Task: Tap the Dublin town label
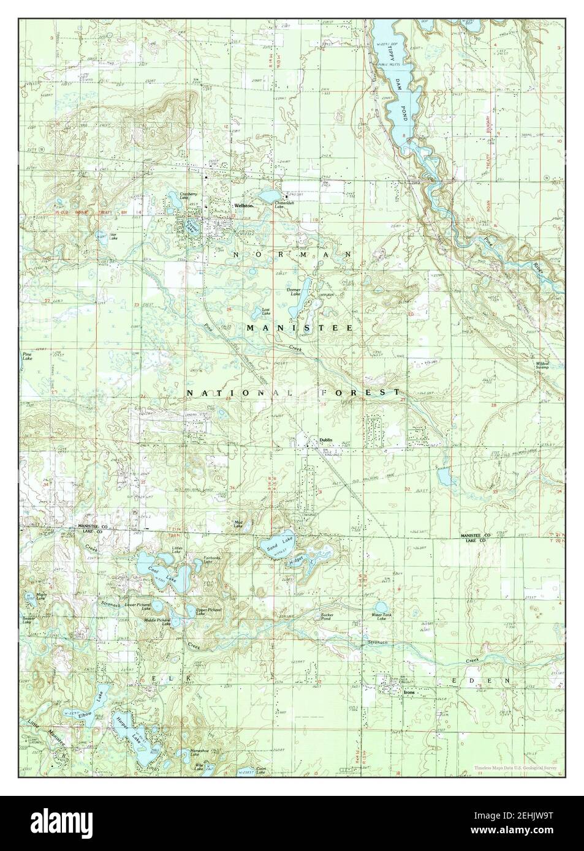click(x=325, y=440)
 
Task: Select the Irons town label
click(x=409, y=692)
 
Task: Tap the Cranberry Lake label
click(x=188, y=197)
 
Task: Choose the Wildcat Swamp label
click(x=542, y=366)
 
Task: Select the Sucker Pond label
click(x=325, y=617)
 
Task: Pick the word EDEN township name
click(x=482, y=681)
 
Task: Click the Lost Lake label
click(x=266, y=311)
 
